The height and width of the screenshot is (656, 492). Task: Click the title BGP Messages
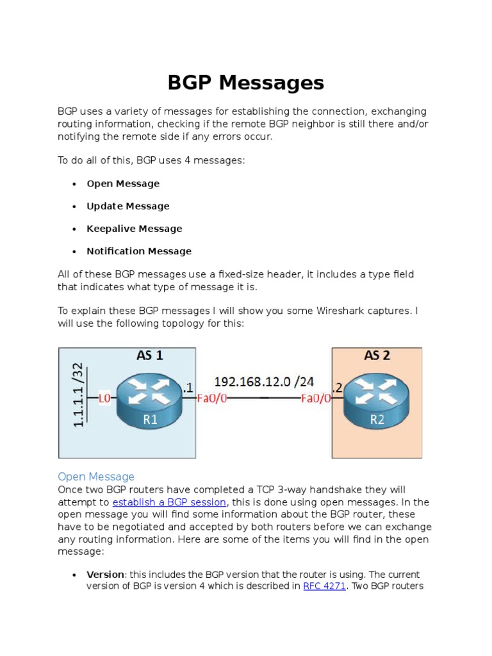[246, 83]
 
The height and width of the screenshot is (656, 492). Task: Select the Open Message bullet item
[123, 184]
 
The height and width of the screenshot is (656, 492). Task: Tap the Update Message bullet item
[128, 206]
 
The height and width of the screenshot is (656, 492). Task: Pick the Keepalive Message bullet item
[135, 229]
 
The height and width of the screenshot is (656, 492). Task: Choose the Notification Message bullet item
[139, 251]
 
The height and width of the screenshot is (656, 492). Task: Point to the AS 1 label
[149, 356]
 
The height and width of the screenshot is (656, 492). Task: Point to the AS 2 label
[377, 356]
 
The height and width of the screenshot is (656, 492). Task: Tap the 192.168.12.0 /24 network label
[264, 382]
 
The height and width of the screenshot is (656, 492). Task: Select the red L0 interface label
[104, 398]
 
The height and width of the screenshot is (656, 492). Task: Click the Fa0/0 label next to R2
[316, 398]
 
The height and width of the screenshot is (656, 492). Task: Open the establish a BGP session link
[169, 502]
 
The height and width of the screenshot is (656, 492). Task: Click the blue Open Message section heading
[96, 477]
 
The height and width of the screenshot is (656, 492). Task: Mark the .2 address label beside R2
[338, 386]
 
